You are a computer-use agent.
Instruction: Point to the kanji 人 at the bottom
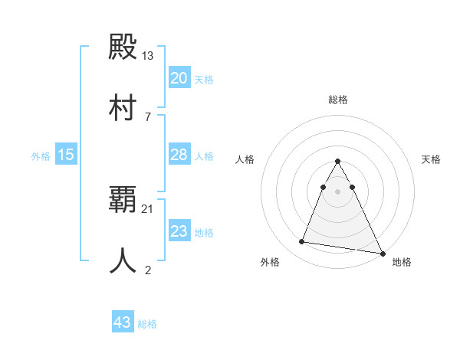point(123,260)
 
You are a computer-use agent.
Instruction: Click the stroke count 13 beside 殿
point(148,56)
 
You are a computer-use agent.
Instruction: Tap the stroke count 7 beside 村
point(148,116)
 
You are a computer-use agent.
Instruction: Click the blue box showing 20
point(179,78)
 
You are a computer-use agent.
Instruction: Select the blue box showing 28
point(179,155)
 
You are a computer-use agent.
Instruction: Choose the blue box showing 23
point(179,231)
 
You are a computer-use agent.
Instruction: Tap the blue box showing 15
point(66,155)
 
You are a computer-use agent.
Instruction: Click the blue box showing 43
point(123,322)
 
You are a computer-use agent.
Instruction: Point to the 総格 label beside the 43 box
point(148,324)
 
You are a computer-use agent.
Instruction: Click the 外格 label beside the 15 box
point(41,156)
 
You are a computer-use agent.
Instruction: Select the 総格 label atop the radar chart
point(338,100)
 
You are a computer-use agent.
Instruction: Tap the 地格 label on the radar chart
point(402,262)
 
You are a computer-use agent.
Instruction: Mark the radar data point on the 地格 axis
point(383,252)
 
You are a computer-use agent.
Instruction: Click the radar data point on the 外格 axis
point(302,242)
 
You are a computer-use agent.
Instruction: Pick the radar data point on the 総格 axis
point(338,162)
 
